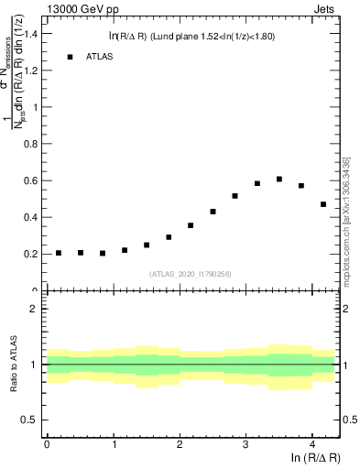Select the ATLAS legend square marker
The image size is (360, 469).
[70, 57]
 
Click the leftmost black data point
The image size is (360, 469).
[59, 253]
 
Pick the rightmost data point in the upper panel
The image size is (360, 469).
[323, 204]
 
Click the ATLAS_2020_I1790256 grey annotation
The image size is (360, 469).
[190, 273]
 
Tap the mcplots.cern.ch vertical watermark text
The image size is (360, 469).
[346, 220]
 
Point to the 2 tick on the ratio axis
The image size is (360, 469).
[33, 309]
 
